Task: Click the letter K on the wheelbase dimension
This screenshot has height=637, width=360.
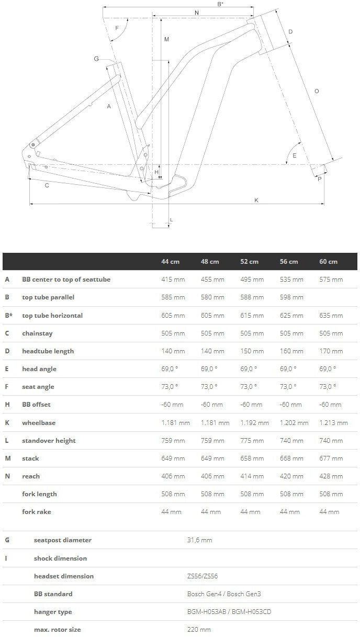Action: click(256, 199)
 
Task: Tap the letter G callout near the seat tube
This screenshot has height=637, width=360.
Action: click(96, 59)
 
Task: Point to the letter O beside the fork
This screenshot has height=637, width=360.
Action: click(316, 92)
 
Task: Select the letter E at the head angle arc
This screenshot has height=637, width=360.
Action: click(295, 155)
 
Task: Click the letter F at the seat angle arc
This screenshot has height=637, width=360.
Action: click(117, 28)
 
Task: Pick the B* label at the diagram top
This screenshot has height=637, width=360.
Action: click(220, 4)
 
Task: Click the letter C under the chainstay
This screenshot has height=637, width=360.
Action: click(47, 185)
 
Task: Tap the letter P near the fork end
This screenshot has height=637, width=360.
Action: click(319, 179)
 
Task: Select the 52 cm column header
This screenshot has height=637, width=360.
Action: click(250, 262)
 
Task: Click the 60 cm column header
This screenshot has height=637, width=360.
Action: click(329, 262)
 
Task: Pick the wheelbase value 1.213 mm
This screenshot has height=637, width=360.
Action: click(333, 423)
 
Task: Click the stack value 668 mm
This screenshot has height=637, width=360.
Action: click(291, 459)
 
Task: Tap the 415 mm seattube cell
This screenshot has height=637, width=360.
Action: click(173, 280)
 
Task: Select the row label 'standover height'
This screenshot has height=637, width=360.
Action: click(49, 441)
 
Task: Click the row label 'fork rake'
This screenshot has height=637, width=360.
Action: click(37, 512)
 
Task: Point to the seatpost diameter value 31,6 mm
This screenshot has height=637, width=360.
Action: click(199, 540)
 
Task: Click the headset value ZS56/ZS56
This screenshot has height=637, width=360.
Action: click(203, 576)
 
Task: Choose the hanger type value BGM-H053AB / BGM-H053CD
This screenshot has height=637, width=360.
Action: click(229, 612)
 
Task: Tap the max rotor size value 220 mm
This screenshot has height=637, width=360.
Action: click(199, 630)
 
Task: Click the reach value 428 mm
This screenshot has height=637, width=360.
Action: click(331, 476)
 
